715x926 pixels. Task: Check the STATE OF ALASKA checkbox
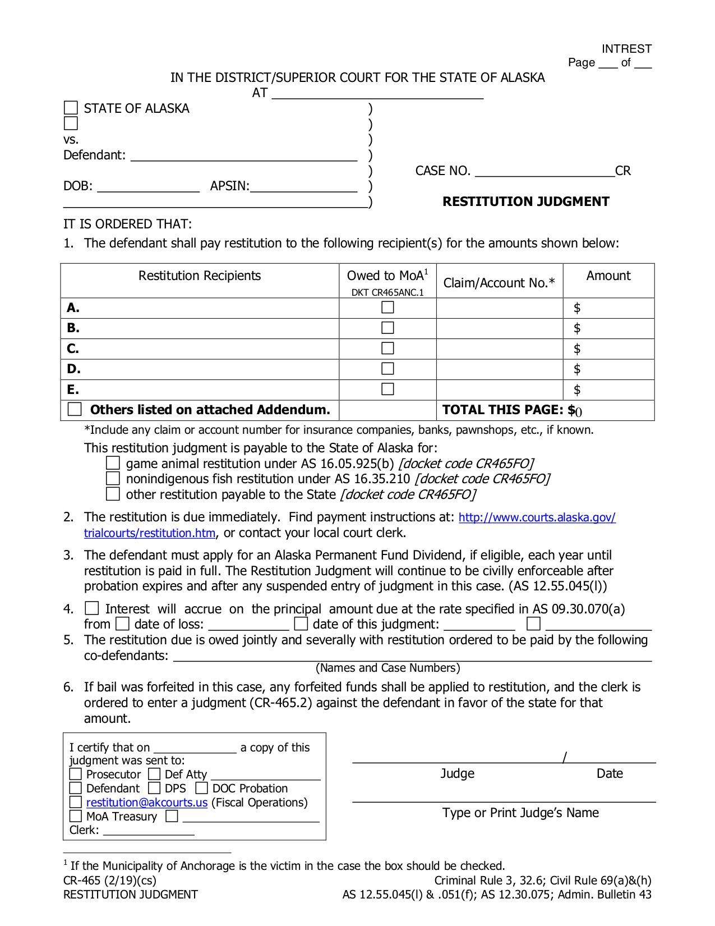(x=71, y=108)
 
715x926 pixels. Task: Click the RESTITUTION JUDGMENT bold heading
(x=525, y=201)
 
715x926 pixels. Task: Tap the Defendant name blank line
(x=244, y=155)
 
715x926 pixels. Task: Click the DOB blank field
(x=148, y=186)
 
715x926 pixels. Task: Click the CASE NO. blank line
(x=545, y=171)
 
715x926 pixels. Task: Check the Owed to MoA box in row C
(x=388, y=349)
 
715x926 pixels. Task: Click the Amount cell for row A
(x=608, y=308)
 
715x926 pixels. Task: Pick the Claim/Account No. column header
(x=499, y=282)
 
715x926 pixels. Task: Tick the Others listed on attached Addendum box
(x=75, y=409)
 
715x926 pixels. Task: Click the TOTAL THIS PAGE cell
(x=545, y=410)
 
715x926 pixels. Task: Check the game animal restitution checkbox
(x=113, y=463)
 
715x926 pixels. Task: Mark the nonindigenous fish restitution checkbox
(x=113, y=479)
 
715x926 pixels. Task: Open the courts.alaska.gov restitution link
(x=537, y=517)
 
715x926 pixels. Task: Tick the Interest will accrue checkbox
(x=91, y=608)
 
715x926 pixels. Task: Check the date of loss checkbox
(x=122, y=624)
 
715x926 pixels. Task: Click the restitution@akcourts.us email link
(x=147, y=803)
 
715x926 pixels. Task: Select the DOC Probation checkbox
(x=201, y=788)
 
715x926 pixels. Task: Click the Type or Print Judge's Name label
(x=520, y=813)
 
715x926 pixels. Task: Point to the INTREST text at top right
(x=626, y=49)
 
